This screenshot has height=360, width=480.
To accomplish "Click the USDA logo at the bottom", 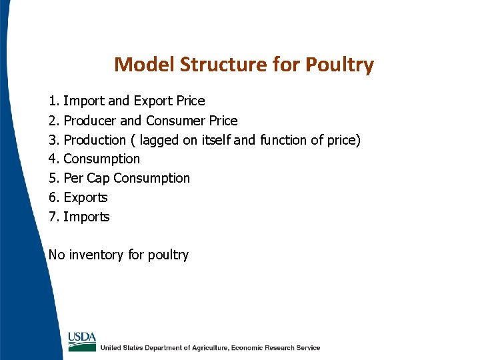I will click(82, 341).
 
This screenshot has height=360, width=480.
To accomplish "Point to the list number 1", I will click(53, 101).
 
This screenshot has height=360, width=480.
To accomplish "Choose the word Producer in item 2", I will click(90, 121).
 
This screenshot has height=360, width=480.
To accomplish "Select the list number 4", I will click(53, 159).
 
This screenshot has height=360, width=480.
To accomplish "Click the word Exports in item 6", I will click(85, 198).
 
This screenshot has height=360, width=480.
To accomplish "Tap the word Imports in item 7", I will click(86, 217).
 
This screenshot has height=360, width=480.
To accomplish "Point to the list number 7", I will click(53, 217).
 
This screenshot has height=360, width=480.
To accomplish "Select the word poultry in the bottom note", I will click(168, 255).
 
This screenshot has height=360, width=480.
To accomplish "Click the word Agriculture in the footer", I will click(202, 348).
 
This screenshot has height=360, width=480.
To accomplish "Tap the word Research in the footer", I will click(275, 348).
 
